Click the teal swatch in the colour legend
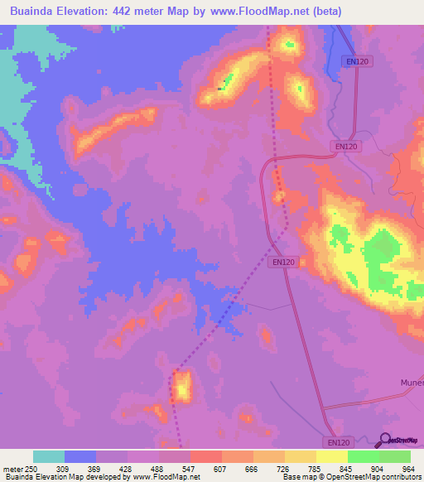coord(48,456)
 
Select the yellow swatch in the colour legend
coord(331,456)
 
